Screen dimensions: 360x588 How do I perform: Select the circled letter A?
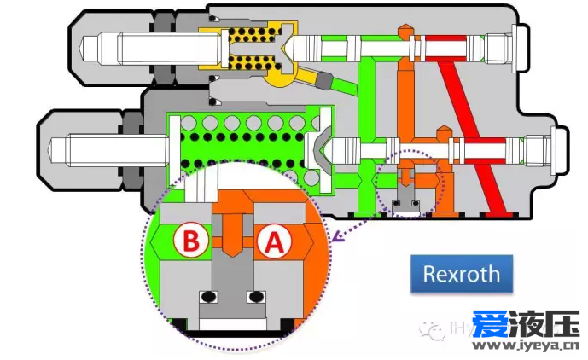273,242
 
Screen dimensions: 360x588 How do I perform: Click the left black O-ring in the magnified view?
205,297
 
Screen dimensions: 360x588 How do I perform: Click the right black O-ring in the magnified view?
254,297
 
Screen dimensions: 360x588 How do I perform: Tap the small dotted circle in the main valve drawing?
411,182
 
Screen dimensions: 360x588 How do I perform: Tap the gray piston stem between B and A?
230,256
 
